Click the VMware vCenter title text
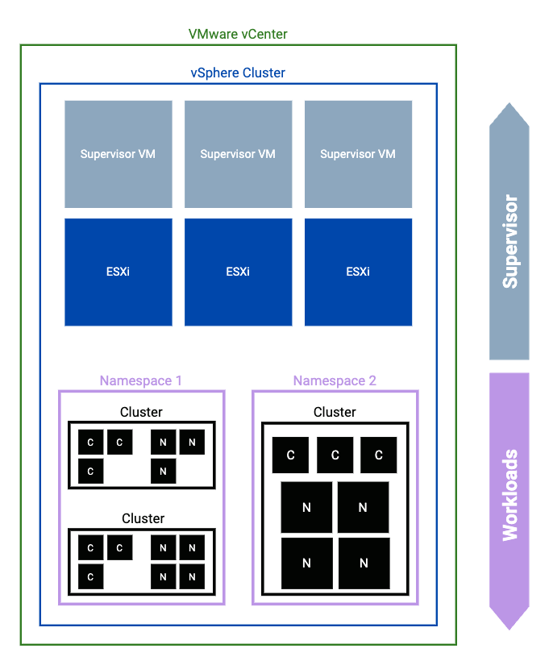pos(238,34)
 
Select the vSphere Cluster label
pos(238,73)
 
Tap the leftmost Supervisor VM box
pos(118,154)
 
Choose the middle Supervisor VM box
pos(238,154)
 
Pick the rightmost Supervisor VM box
pos(358,154)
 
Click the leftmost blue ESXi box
pos(118,272)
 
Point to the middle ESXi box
pos(238,272)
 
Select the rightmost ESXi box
pos(358,272)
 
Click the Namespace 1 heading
pos(141,380)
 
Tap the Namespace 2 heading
pos(335,380)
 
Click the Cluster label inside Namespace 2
pos(335,412)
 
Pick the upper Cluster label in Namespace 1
pos(141,412)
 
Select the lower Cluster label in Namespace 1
pos(143,518)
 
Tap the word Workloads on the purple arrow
pos(509,495)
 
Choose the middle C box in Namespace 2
pos(335,455)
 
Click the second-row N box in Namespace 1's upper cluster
pos(163,471)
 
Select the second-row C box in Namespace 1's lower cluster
pos(90,577)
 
